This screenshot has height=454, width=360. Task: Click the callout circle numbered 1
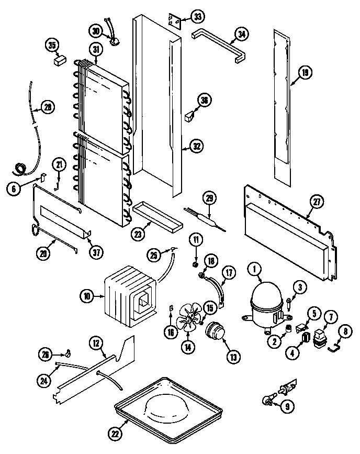(255, 270)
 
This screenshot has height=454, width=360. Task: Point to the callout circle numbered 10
(87, 296)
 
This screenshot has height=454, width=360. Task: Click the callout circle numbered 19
(305, 73)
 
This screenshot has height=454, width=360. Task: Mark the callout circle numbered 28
(48, 108)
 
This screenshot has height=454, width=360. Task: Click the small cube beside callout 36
(189, 118)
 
